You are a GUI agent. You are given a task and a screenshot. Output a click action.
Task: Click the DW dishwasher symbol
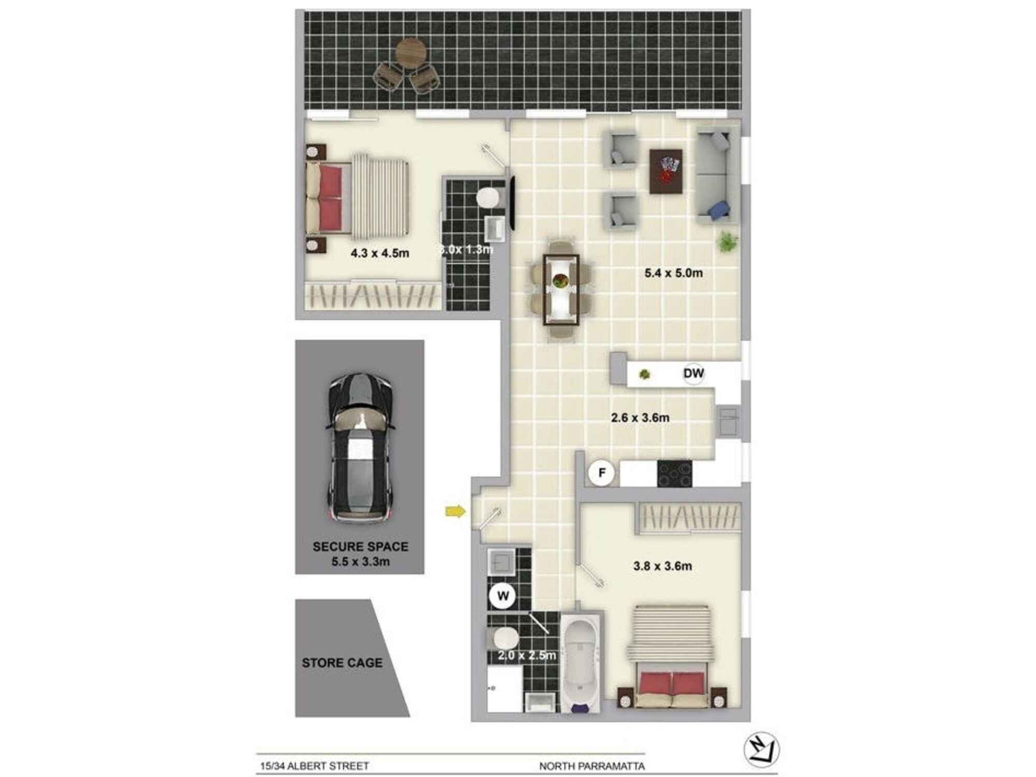point(693,373)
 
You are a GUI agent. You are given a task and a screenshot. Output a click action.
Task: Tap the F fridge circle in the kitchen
point(601,472)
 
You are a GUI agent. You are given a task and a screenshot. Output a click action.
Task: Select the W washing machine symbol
point(502,596)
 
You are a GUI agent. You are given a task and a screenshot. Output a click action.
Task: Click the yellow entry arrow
point(455,512)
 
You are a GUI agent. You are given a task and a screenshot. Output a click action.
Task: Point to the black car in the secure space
point(361,448)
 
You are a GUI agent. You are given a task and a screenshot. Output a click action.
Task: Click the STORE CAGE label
point(342,663)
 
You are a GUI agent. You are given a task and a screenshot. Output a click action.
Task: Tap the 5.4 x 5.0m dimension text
point(673,273)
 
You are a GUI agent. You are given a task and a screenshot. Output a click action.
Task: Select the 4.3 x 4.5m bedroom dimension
point(379,253)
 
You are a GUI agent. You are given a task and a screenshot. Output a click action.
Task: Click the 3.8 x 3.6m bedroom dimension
point(662,566)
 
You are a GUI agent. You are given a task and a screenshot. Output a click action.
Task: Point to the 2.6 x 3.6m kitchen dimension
point(640,418)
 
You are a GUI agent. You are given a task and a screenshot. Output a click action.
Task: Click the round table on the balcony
point(411,54)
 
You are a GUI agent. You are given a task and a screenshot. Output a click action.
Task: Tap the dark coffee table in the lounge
point(666,171)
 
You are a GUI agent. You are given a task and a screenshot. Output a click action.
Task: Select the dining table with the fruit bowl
point(560,290)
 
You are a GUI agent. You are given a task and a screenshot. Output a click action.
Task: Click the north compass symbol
point(761,750)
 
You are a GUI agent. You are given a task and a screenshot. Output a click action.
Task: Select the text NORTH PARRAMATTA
point(592,766)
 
